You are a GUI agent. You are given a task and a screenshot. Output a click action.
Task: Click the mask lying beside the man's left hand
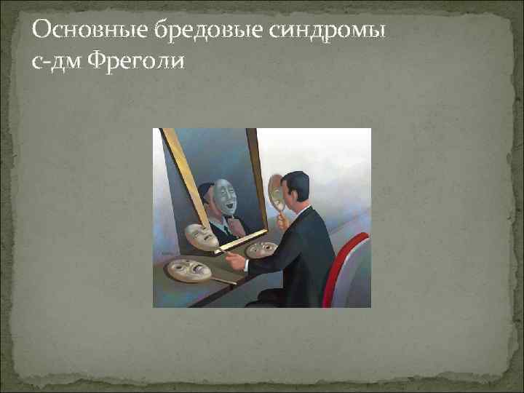click(260, 249)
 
